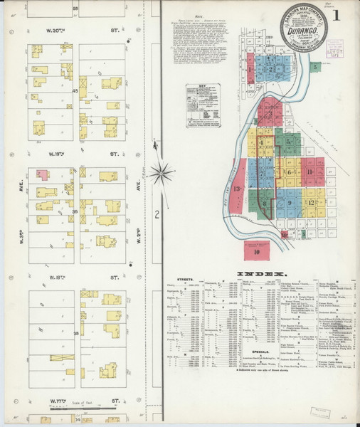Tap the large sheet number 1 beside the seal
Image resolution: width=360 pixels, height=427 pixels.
tap(336, 15)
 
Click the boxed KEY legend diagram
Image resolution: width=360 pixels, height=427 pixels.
tap(203, 105)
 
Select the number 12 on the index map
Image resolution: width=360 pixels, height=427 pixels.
tap(312, 202)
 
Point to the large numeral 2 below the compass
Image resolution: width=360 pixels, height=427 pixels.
tap(157, 213)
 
